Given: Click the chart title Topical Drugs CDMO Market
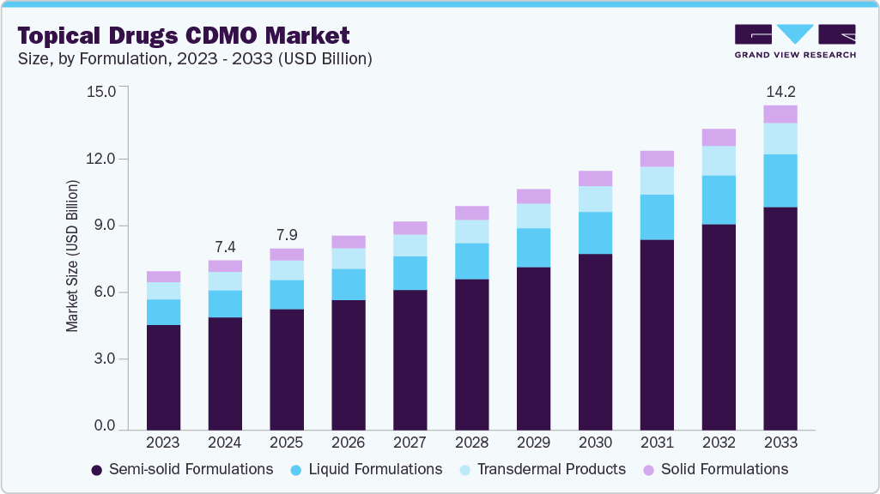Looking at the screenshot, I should click(x=184, y=35).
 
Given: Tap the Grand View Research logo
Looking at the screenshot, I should click(x=794, y=41).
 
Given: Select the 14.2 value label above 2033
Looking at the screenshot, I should click(x=780, y=91).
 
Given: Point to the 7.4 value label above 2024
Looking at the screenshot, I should click(x=224, y=246).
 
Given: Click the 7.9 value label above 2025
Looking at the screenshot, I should click(x=286, y=235).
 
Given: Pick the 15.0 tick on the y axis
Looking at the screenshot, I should click(x=100, y=91).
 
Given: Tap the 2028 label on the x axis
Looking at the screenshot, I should click(x=471, y=443).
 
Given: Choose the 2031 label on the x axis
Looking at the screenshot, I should click(x=657, y=443).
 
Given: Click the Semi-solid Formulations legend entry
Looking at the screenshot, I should click(x=182, y=469).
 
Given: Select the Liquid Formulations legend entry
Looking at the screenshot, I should click(x=367, y=469).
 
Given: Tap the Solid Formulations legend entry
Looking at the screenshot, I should click(x=714, y=469).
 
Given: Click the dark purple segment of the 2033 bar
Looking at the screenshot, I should click(x=780, y=317).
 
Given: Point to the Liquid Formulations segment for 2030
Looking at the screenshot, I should click(x=595, y=232).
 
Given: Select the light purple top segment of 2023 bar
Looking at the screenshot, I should click(x=163, y=276).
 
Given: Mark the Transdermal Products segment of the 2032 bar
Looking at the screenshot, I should click(x=719, y=160).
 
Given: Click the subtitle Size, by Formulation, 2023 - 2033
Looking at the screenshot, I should click(x=194, y=59).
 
